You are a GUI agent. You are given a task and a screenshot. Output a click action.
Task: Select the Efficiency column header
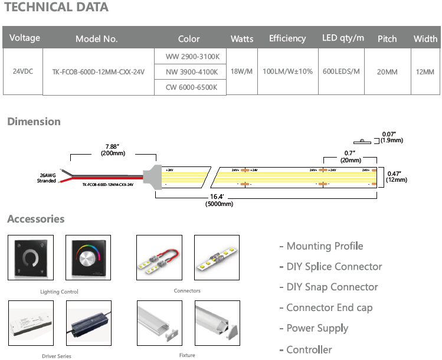[x=287, y=38]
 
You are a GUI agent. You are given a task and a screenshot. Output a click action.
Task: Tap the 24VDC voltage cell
[x=23, y=71]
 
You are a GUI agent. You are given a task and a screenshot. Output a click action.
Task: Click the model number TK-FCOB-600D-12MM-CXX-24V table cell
[x=99, y=72]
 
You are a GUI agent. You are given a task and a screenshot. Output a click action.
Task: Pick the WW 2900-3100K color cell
[x=189, y=57]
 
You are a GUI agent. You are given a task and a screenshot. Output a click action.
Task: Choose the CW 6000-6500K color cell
[x=189, y=87]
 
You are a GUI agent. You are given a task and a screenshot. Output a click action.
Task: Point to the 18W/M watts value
[x=241, y=71]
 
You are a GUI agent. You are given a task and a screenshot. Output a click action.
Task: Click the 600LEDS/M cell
[x=341, y=71]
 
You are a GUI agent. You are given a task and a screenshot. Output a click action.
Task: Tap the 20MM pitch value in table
[x=387, y=72]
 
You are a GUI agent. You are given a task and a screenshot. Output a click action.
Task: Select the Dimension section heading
[x=34, y=122]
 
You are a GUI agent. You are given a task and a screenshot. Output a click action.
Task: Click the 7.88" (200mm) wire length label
[x=113, y=149]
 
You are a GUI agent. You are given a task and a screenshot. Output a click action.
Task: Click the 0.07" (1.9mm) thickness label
[x=391, y=138]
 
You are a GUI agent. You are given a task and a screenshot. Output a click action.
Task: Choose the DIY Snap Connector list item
[x=328, y=287]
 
